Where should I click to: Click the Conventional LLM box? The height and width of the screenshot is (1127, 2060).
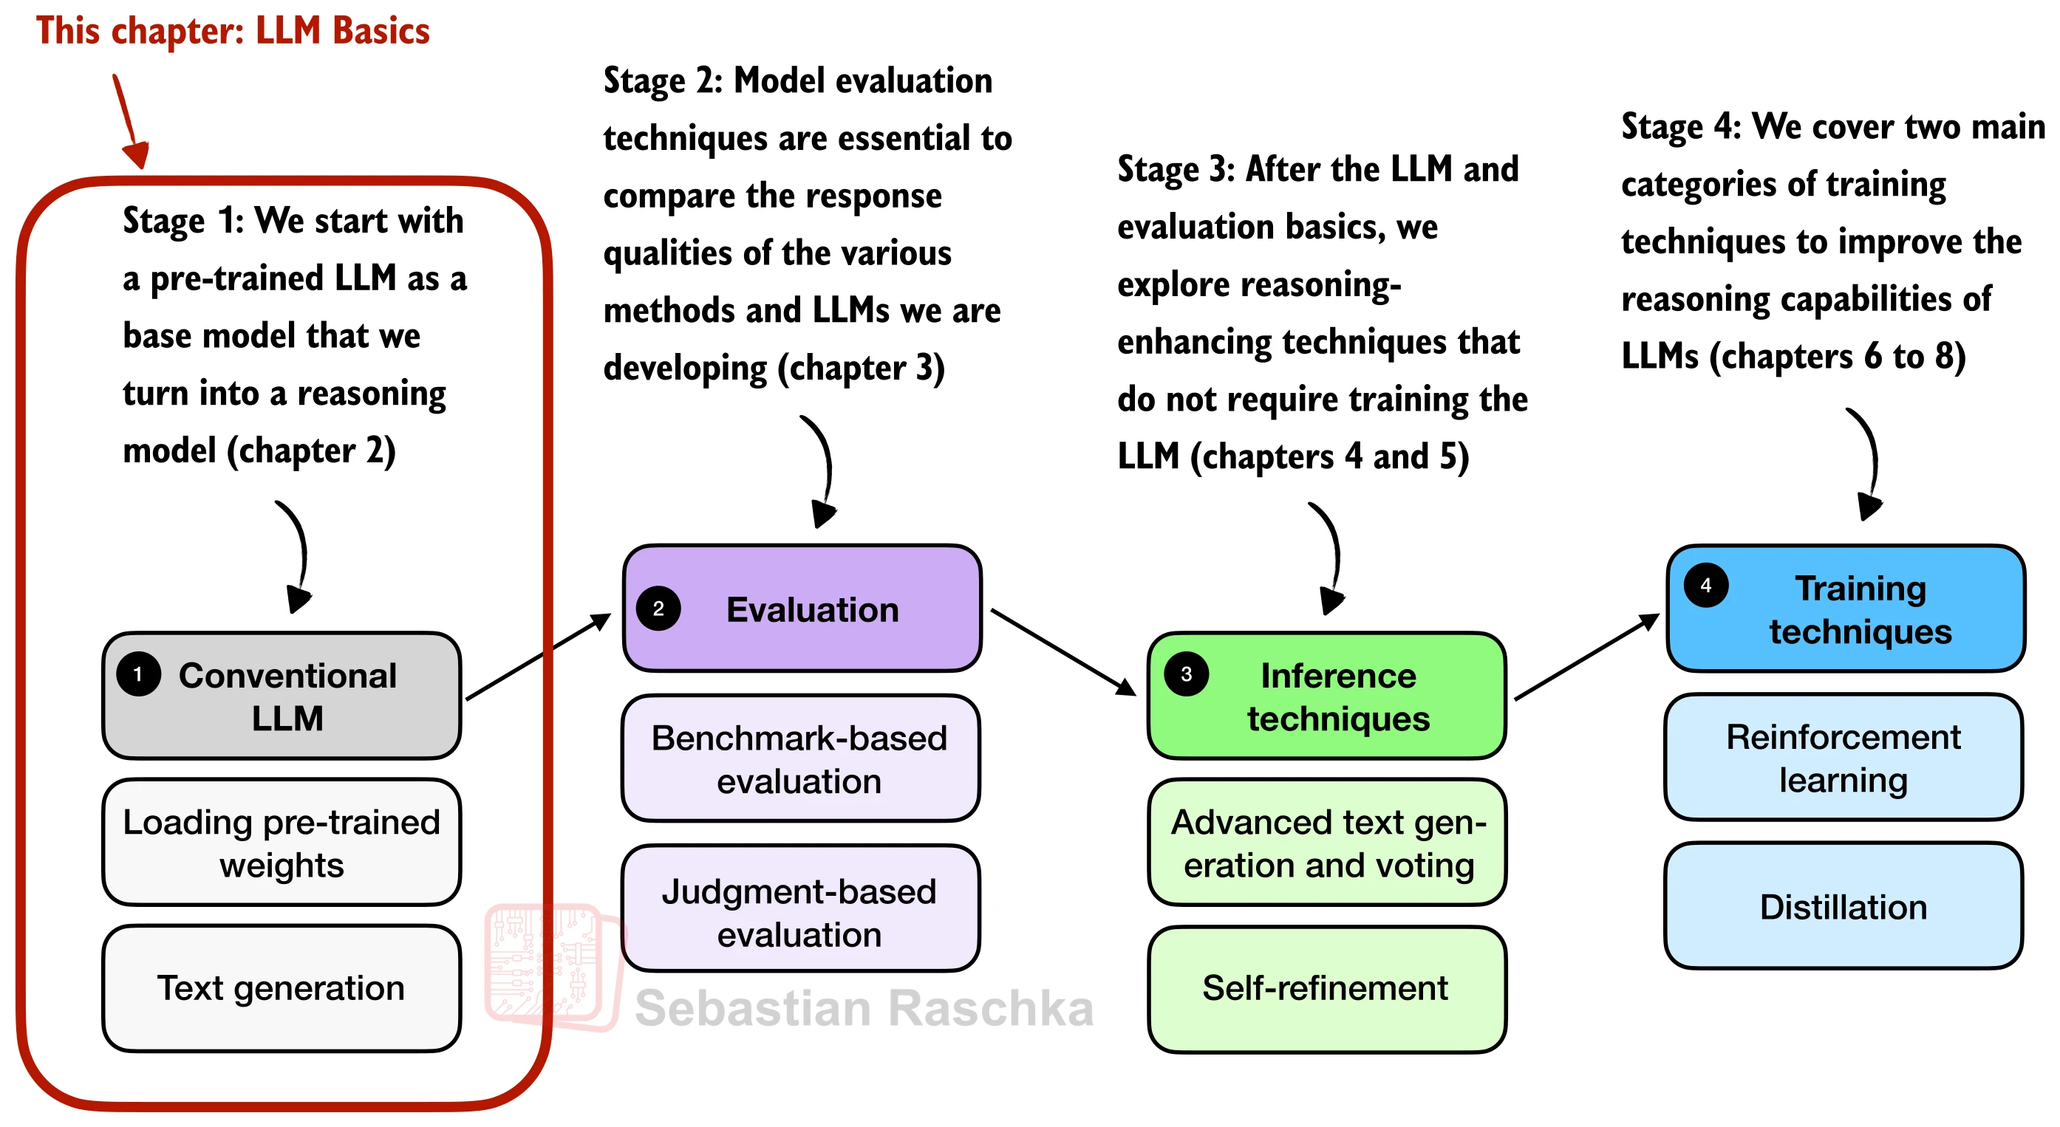tap(282, 696)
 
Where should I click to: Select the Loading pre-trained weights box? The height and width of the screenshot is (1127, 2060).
tap(282, 843)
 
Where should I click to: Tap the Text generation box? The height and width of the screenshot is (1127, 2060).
tap(282, 989)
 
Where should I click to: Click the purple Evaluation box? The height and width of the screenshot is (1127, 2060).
tap(802, 609)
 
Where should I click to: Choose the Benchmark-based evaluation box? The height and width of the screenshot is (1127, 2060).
tap(800, 758)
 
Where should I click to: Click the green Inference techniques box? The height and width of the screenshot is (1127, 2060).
tap(1328, 696)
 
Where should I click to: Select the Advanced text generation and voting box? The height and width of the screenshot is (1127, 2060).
tap(1328, 843)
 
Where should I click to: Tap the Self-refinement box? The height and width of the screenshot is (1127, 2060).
tap(1328, 990)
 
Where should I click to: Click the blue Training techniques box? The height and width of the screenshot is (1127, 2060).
tap(1846, 609)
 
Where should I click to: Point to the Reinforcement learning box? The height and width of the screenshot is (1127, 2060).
tap(1844, 757)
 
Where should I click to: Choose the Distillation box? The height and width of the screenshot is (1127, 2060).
tap(1844, 905)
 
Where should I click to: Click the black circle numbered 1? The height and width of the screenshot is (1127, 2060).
tap(138, 674)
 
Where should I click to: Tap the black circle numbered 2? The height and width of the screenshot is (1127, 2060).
tap(658, 609)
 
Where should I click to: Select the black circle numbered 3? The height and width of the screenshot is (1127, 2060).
tap(1186, 674)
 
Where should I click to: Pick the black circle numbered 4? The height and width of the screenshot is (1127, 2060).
tap(1706, 585)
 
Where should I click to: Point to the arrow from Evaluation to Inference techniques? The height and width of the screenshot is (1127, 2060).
tap(1063, 652)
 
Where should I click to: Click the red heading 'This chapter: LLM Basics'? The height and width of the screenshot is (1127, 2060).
tap(233, 30)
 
